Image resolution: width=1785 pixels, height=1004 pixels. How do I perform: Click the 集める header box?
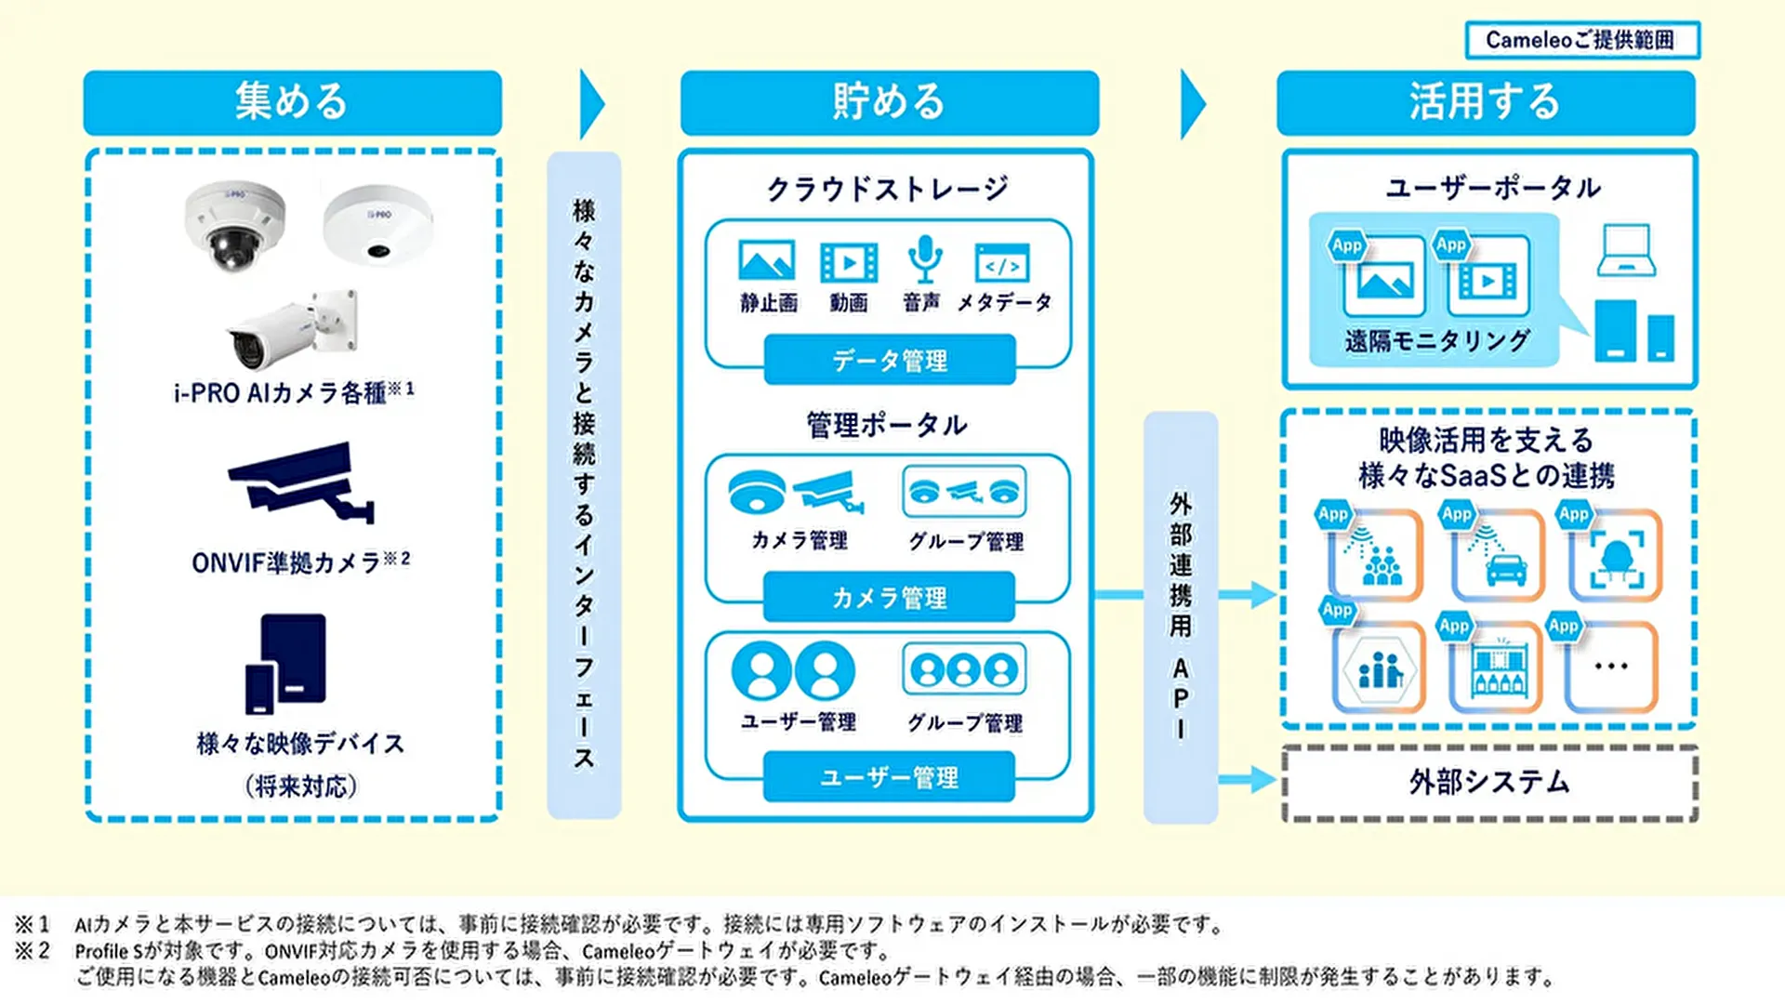pyautogui.click(x=292, y=102)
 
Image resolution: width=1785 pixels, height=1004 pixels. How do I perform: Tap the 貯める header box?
pyautogui.click(x=889, y=102)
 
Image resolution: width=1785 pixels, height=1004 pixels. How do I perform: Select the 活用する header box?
pyautogui.click(x=1485, y=102)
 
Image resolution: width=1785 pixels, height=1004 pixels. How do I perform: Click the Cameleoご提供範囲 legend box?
pyautogui.click(x=1581, y=40)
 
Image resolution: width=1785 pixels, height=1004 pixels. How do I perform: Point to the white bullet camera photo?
pyautogui.click(x=292, y=332)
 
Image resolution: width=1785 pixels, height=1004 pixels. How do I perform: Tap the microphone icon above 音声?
pyautogui.click(x=924, y=259)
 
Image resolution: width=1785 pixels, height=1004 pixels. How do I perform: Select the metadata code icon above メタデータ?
pyautogui.click(x=1001, y=263)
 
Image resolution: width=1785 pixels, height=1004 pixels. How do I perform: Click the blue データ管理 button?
pyautogui.click(x=889, y=360)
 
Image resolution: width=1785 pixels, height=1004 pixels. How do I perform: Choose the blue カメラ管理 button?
pyautogui.click(x=889, y=597)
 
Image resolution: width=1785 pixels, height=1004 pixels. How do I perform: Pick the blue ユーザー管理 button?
pyautogui.click(x=889, y=777)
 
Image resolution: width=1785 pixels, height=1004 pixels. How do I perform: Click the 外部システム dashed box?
pyautogui.click(x=1489, y=783)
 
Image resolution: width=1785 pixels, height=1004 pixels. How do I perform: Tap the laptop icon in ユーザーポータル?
pyautogui.click(x=1625, y=251)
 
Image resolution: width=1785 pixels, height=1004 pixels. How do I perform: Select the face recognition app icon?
pyautogui.click(x=1616, y=557)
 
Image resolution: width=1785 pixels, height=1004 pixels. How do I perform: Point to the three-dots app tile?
pyautogui.click(x=1611, y=667)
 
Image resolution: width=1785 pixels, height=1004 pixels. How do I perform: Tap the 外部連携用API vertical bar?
pyautogui.click(x=1180, y=616)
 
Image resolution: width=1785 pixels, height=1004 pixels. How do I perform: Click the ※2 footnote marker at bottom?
pyautogui.click(x=32, y=950)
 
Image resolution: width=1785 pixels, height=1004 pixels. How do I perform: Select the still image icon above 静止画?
pyautogui.click(x=766, y=261)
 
